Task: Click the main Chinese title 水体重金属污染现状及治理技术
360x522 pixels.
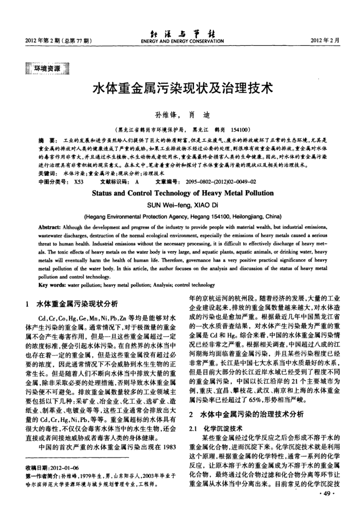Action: (x=180, y=88)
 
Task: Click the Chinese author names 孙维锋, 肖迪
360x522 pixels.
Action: (x=180, y=115)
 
